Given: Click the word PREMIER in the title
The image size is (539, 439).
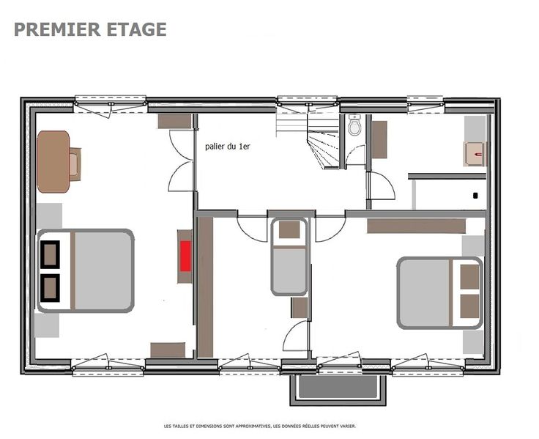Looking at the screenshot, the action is point(57,29).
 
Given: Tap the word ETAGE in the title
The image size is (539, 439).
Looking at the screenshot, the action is point(137,29).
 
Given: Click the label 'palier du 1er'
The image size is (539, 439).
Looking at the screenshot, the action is point(228,147).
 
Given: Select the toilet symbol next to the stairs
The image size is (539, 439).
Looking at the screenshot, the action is point(354,125).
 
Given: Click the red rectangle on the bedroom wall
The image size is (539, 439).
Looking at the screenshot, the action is point(185,256).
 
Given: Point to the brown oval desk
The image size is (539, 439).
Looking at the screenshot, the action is point(53,162).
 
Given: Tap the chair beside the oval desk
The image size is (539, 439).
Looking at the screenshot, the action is point(75,164).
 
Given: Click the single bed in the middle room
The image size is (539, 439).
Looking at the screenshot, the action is point(289,257).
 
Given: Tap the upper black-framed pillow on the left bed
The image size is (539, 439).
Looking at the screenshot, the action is point(51,254).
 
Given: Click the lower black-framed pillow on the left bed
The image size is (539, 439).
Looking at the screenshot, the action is point(51,288).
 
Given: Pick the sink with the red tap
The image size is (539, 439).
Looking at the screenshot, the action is point(475,154).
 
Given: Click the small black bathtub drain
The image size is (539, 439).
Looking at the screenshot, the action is point(475,196).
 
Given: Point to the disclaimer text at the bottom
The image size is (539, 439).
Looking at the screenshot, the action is point(260,426).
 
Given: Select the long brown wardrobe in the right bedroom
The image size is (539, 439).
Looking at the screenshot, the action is point(416,226).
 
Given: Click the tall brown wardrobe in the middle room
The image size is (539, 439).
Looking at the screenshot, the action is point(205,287).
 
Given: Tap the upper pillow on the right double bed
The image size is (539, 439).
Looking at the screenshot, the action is point(469,277).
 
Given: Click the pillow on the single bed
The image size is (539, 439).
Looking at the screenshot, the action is point(289,230).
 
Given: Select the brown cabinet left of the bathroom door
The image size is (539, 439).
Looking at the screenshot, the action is point(379,140).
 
